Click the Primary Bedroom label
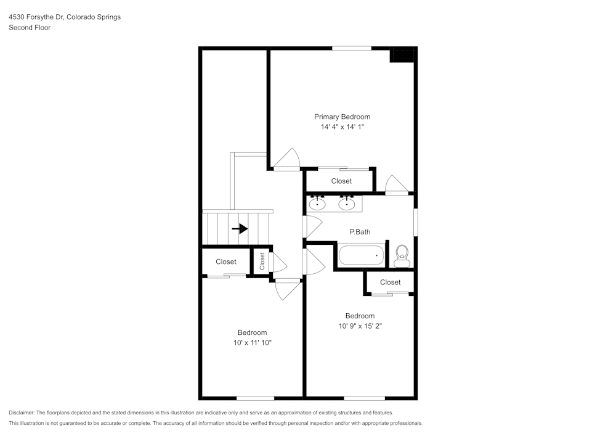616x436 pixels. pyautogui.click(x=342, y=117)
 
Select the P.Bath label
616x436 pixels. pyautogui.click(x=360, y=232)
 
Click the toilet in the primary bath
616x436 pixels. pyautogui.click(x=402, y=255)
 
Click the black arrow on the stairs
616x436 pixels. pyautogui.click(x=240, y=229)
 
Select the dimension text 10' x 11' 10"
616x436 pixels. pyautogui.click(x=252, y=343)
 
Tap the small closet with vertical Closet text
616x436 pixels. pyautogui.click(x=262, y=261)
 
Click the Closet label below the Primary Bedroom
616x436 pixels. pyautogui.click(x=341, y=181)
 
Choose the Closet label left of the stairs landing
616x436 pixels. pyautogui.click(x=225, y=262)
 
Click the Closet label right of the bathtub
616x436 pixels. pyautogui.click(x=390, y=282)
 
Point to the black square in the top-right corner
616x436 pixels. pyautogui.click(x=403, y=55)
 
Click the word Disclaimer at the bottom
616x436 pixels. pyautogui.click(x=22, y=413)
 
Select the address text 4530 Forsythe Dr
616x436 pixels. pyautogui.click(x=37, y=17)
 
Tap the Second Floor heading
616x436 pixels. pyautogui.click(x=30, y=28)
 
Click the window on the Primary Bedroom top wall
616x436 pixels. pyautogui.click(x=352, y=48)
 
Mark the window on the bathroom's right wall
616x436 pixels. pyautogui.click(x=415, y=223)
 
